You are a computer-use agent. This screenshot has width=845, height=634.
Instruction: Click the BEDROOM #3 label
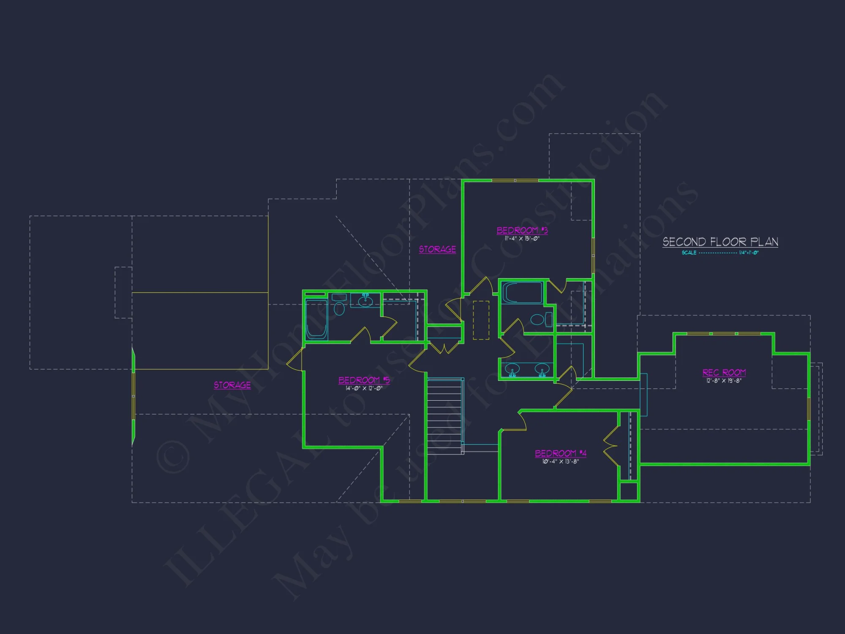point(522,230)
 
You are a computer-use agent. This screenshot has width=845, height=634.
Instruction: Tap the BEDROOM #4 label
point(560,454)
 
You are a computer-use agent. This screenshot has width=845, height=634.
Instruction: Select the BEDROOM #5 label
point(364,380)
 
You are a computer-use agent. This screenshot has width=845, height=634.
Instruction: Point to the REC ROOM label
point(724,372)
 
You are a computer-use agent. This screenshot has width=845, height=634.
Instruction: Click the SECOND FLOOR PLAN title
point(720,242)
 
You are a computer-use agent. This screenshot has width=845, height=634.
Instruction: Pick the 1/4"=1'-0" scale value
point(749,253)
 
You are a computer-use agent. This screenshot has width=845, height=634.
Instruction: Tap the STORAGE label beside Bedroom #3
point(437,249)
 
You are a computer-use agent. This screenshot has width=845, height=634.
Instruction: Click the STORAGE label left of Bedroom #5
point(232,385)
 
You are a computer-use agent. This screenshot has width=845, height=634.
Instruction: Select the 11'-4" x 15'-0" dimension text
point(522,239)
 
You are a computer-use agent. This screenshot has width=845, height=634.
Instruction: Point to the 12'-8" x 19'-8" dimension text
point(724,381)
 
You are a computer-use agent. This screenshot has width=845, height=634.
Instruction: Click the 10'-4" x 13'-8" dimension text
point(560,462)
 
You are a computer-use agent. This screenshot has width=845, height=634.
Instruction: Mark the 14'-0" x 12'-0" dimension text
point(364,388)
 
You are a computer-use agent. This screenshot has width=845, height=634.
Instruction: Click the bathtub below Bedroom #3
point(522,292)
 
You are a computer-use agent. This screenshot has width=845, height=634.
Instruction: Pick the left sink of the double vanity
point(512,369)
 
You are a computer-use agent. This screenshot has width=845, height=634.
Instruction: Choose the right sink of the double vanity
point(542,369)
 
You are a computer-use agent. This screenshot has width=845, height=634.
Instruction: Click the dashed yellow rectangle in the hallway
point(481,320)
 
